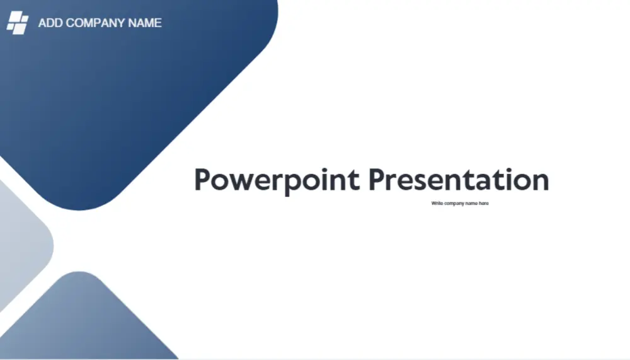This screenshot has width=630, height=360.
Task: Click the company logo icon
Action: pos(17,23)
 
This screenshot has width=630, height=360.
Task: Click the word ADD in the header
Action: pos(51,23)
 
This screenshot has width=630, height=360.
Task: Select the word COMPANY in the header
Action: pos(96,23)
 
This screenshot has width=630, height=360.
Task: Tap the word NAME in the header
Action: pos(145,23)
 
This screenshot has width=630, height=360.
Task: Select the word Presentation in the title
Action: pos(459,180)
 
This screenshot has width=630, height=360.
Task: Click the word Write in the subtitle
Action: pos(437,204)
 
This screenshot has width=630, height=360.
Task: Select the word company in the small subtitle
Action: pos(454,204)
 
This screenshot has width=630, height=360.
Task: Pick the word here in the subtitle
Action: pos(483,204)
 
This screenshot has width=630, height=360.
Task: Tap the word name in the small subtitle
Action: pos(471,204)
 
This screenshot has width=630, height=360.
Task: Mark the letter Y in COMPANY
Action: pos(120,23)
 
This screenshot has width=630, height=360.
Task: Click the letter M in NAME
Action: pos(147,23)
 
